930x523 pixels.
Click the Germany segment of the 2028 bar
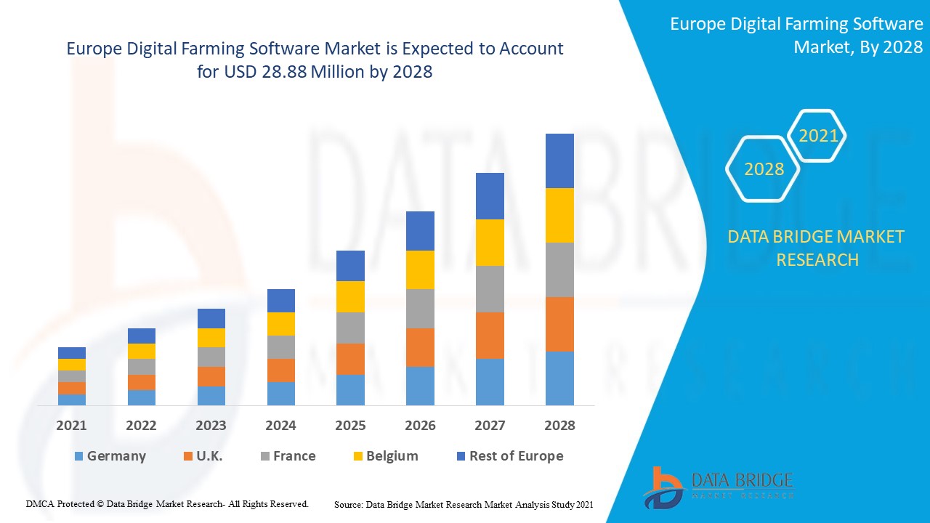(x=559, y=378)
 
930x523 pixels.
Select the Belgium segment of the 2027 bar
(x=490, y=242)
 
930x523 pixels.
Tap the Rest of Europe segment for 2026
(x=420, y=231)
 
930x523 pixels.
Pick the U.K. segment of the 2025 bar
(x=350, y=359)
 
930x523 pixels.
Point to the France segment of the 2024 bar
(x=281, y=346)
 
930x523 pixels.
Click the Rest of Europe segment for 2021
(x=72, y=353)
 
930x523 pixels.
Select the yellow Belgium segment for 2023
(x=211, y=337)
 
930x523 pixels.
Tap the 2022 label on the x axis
(x=141, y=426)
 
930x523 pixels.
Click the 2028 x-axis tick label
(x=559, y=426)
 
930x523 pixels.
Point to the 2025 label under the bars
(x=350, y=426)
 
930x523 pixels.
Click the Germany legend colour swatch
(x=78, y=456)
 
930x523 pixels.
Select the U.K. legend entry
(x=209, y=456)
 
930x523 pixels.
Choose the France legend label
(x=294, y=456)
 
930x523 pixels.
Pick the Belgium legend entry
(x=392, y=456)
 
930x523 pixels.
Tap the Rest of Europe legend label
(x=516, y=456)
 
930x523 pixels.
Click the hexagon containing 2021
(x=818, y=136)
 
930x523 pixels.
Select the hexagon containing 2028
(x=764, y=169)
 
